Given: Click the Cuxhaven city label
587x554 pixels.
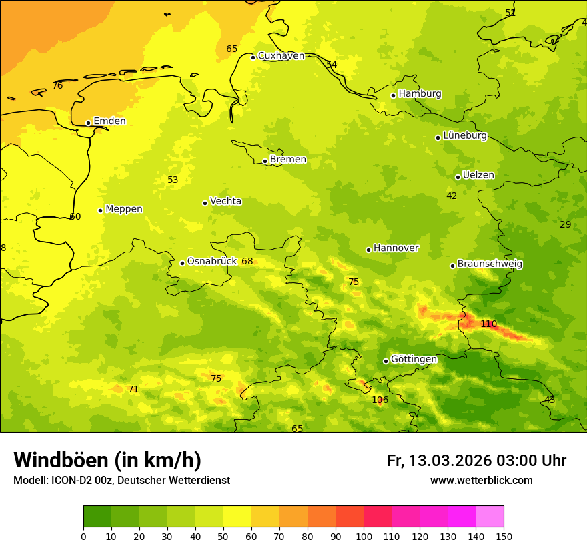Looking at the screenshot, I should (281, 56).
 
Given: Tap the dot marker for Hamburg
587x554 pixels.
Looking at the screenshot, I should (394, 95).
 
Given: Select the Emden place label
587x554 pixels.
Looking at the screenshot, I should (109, 121).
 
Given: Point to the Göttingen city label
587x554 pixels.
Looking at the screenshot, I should (414, 360).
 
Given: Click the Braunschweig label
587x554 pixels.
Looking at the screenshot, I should (490, 264).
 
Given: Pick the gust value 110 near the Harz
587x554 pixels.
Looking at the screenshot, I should (488, 324).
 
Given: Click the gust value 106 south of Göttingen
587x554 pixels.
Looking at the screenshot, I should (380, 400).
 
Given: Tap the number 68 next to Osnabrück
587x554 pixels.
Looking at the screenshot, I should (247, 262).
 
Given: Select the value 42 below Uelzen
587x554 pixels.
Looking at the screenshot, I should (452, 196).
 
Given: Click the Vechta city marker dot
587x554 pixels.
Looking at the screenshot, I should (205, 203).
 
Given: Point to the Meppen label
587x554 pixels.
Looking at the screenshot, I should (124, 209).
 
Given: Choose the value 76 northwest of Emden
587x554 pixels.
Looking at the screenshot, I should (57, 86).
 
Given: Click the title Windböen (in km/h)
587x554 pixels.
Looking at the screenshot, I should (107, 460).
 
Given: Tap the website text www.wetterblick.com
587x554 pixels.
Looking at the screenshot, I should (481, 481).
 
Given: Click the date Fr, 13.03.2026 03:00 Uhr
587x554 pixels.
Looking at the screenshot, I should (476, 461).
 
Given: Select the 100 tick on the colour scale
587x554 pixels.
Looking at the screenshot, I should (364, 536).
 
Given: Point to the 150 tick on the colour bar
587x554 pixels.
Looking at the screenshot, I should (504, 536).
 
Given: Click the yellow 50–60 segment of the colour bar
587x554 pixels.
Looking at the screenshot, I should (237, 517).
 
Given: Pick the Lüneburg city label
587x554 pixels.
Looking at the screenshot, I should (465, 135).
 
